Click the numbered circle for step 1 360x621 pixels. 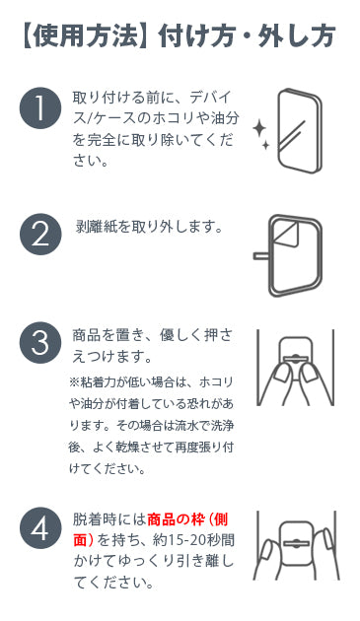click(x=40, y=108)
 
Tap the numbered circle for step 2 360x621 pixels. click(x=40, y=234)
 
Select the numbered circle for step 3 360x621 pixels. click(x=40, y=343)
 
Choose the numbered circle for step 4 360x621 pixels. click(x=40, y=528)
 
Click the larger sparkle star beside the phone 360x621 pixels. click(x=259, y=129)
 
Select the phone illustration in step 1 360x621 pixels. click(x=299, y=131)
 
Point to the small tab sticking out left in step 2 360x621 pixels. click(x=261, y=256)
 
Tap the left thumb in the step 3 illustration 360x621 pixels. click(x=283, y=374)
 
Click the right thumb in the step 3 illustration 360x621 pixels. click(x=310, y=374)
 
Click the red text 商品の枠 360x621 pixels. click(x=176, y=519)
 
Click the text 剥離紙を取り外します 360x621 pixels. click(x=144, y=227)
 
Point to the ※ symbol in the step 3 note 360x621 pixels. click(x=75, y=382)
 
